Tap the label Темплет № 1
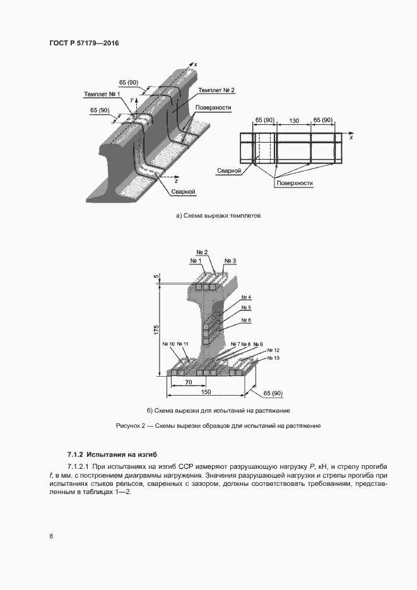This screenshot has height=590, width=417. click(x=102, y=94)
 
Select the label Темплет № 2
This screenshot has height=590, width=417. click(x=216, y=90)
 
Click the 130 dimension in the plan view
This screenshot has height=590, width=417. click(x=293, y=120)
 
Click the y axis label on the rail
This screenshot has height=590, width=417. click(x=132, y=100)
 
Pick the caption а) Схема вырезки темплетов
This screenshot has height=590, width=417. click(x=218, y=216)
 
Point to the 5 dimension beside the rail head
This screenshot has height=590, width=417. click(x=156, y=276)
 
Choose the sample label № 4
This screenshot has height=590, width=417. click(x=245, y=297)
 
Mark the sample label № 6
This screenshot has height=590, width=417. click(x=245, y=321)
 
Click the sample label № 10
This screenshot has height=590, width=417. click(x=168, y=344)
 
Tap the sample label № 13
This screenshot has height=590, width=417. click(x=273, y=358)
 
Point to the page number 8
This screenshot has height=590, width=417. click(x=50, y=536)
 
